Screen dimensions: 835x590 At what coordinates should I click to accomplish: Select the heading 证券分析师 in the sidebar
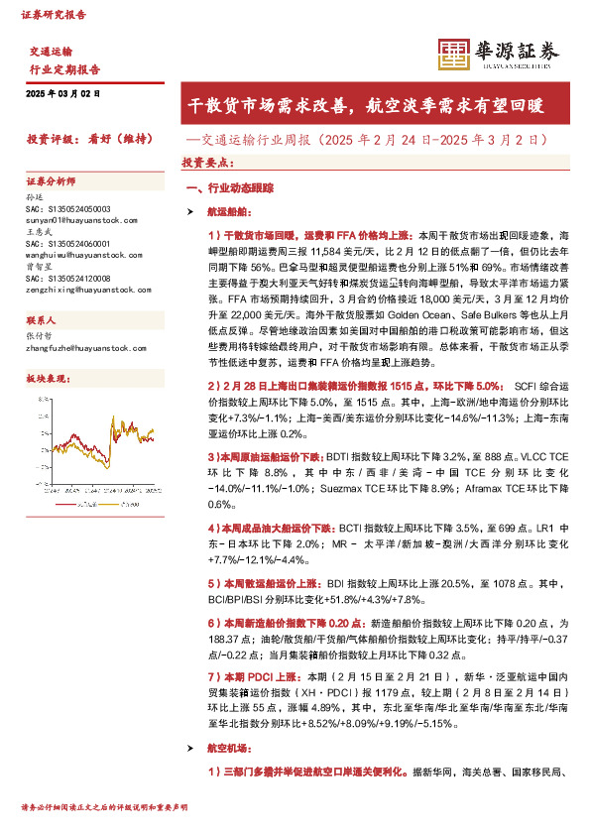tap(50, 182)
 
